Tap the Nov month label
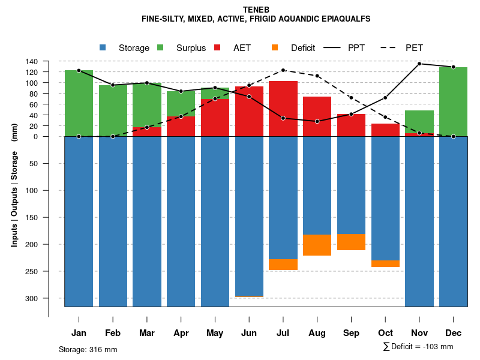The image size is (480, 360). (419, 333)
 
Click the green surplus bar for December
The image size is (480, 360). (453, 101)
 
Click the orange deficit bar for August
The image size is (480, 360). (317, 245)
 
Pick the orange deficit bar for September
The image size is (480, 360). (351, 242)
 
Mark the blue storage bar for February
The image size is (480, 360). (113, 221)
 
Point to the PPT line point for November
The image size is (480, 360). (419, 64)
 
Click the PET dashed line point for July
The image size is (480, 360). (283, 70)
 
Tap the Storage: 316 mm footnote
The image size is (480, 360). (88, 350)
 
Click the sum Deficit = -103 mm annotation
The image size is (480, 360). (418, 347)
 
